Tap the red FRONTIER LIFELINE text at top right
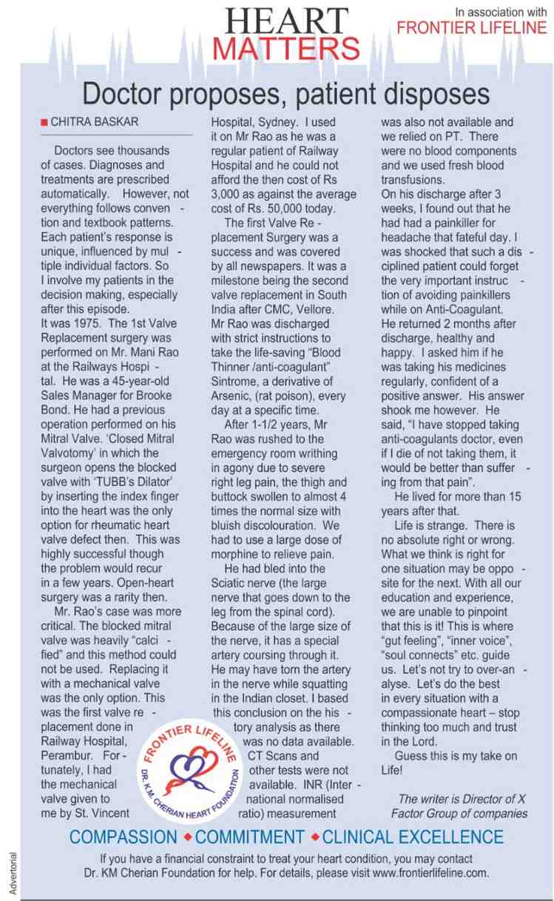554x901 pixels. pos(472,28)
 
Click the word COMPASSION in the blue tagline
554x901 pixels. pos(124,837)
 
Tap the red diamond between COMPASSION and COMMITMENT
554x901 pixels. pos(187,837)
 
